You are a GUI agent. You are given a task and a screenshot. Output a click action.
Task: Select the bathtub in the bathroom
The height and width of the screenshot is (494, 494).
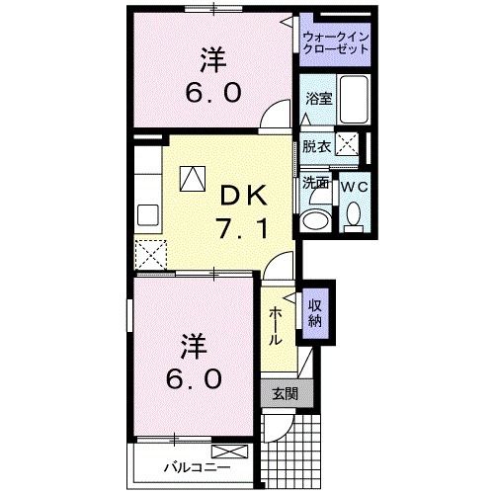[352, 98]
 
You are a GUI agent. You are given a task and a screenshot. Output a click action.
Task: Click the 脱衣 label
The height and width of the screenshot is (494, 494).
[316, 144]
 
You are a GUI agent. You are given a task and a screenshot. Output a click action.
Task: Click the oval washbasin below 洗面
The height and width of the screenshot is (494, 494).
[318, 218]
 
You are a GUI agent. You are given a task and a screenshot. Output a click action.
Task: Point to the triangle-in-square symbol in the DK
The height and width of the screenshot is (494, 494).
[191, 178]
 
